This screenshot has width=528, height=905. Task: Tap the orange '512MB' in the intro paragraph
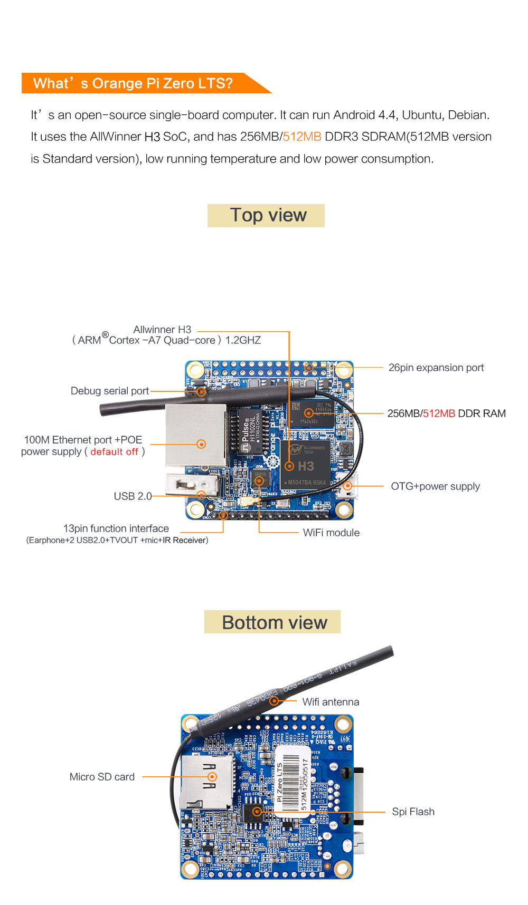pos(302,137)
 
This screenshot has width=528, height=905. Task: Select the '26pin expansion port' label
pos(436,368)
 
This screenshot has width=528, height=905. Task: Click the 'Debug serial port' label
pos(110,391)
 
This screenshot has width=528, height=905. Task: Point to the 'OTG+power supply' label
pos(435,486)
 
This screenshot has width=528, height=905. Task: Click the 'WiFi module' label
pos(331,533)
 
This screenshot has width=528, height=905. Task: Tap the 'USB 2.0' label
pos(133,496)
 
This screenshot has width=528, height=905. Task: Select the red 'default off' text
pos(114,452)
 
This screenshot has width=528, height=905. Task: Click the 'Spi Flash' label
pos(413,812)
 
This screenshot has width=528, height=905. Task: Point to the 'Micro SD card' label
pos(102,777)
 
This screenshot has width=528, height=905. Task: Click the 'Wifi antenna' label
pos(331,702)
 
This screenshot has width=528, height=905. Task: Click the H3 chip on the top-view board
pos(305,464)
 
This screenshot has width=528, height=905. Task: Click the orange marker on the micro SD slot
pos(212,777)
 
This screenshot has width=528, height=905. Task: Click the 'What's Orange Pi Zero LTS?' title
pos(133,83)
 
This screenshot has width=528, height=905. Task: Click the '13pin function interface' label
pos(116,528)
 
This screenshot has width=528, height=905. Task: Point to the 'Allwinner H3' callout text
pos(162,330)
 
